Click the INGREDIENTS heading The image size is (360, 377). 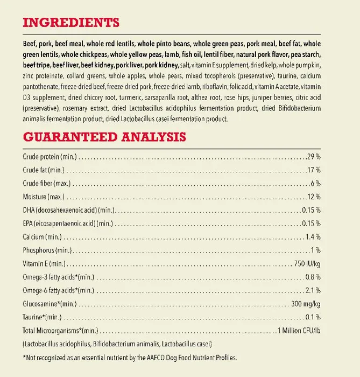71,23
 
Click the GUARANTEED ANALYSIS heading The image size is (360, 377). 104,137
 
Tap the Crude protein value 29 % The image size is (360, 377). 313,157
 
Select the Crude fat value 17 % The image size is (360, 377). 314,170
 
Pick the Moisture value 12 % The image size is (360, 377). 314,197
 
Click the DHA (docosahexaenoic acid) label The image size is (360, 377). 68,210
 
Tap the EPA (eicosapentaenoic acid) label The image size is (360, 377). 68,224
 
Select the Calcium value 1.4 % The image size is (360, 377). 313,237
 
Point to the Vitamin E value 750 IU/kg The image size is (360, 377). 307,263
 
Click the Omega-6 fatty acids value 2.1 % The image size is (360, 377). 313,290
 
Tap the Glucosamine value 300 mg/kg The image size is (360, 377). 306,304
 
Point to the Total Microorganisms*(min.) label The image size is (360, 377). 60,330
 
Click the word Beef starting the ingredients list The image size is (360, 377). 31,44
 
